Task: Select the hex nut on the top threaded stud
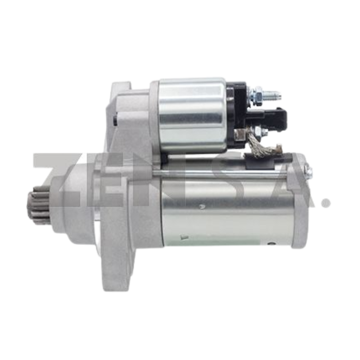(258, 95)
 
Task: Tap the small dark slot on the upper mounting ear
(116, 119)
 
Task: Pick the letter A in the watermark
(288, 180)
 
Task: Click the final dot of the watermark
(325, 201)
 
